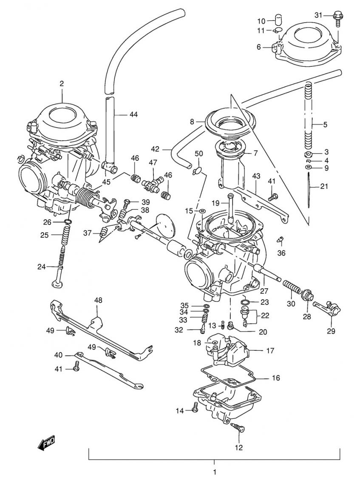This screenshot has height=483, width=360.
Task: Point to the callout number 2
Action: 62,84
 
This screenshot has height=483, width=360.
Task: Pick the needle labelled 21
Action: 308,191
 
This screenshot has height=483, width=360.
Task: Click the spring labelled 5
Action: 309,115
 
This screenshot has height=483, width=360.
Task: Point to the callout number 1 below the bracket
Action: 215,472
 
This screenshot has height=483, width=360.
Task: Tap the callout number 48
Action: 98,300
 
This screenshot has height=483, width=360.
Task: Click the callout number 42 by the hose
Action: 155,149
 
